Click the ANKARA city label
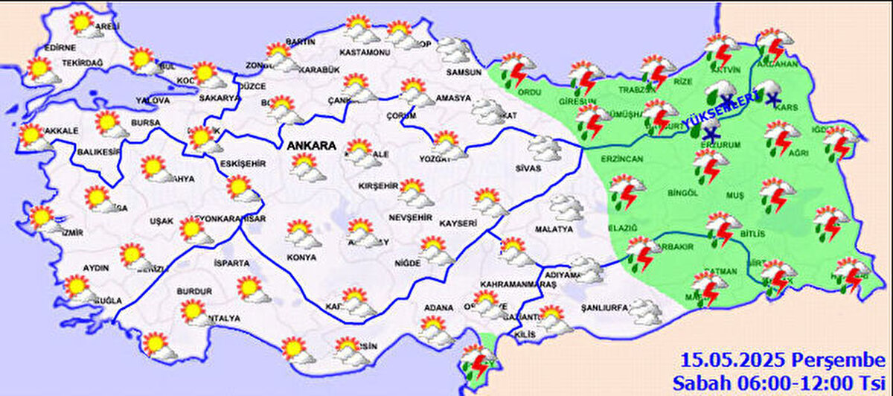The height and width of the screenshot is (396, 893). (312, 146)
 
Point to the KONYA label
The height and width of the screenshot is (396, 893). (301, 257)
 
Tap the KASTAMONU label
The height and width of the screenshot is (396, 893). (365, 53)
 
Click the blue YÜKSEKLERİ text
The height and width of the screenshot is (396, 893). (720, 109)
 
